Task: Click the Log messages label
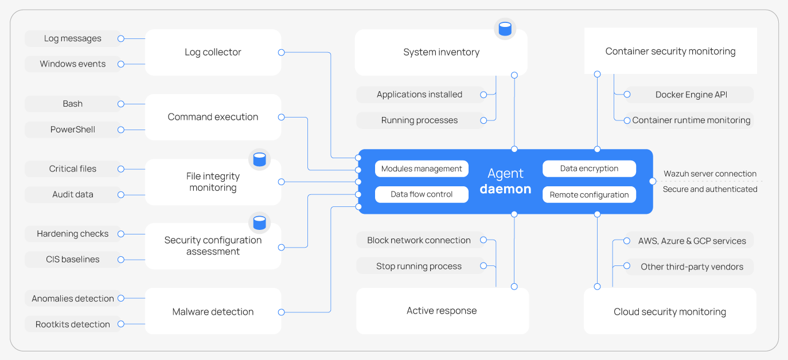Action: click(x=73, y=38)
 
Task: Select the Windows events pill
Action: click(x=73, y=64)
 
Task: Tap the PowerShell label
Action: click(x=73, y=130)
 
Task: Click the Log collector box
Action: click(x=213, y=52)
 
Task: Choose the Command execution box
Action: click(x=213, y=117)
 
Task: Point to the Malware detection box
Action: click(x=213, y=312)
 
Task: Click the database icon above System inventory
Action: click(x=505, y=29)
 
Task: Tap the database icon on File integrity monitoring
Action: click(x=259, y=159)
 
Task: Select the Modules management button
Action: click(x=422, y=169)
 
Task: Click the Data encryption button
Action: click(x=589, y=169)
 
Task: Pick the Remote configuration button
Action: click(x=589, y=194)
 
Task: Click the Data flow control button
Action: click(x=422, y=194)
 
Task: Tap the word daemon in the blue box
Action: click(x=505, y=189)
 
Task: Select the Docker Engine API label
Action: click(x=691, y=95)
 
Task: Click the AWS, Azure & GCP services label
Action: click(x=692, y=241)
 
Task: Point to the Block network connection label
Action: click(x=419, y=240)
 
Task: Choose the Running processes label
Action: click(x=419, y=120)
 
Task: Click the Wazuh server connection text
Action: click(x=710, y=174)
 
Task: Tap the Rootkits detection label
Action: click(x=73, y=324)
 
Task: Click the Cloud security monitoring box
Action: click(x=670, y=312)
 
